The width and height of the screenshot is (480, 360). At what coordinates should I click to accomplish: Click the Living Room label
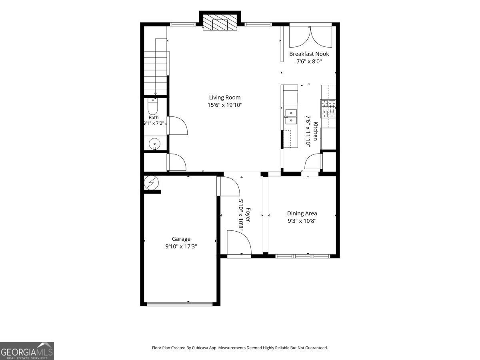[224, 98]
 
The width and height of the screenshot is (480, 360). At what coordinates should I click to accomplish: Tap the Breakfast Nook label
[309, 54]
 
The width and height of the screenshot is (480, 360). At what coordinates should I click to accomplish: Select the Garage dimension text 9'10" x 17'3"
[181, 246]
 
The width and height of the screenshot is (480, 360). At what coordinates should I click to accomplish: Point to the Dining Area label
[302, 213]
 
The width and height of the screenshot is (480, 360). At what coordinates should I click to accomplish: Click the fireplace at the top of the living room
[220, 22]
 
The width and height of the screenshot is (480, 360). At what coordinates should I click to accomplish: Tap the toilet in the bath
[153, 106]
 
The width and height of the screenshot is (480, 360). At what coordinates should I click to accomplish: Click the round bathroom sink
[154, 144]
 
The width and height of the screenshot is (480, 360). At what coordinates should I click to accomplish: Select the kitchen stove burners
[328, 108]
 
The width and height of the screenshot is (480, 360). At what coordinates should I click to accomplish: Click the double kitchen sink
[291, 117]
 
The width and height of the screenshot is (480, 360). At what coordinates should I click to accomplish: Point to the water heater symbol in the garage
[152, 182]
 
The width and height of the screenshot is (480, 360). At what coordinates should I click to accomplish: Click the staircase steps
[156, 73]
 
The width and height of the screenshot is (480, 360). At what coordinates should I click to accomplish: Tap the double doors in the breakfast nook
[310, 37]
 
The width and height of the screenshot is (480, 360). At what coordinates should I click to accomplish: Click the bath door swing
[178, 126]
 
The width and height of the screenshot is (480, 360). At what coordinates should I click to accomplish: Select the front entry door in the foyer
[239, 243]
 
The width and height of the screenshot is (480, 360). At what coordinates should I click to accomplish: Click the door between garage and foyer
[228, 186]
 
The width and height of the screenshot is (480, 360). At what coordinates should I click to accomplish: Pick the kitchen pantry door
[314, 161]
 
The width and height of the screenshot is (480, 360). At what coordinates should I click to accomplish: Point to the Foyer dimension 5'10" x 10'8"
[241, 215]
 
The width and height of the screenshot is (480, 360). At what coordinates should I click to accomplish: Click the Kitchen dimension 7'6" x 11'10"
[308, 131]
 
